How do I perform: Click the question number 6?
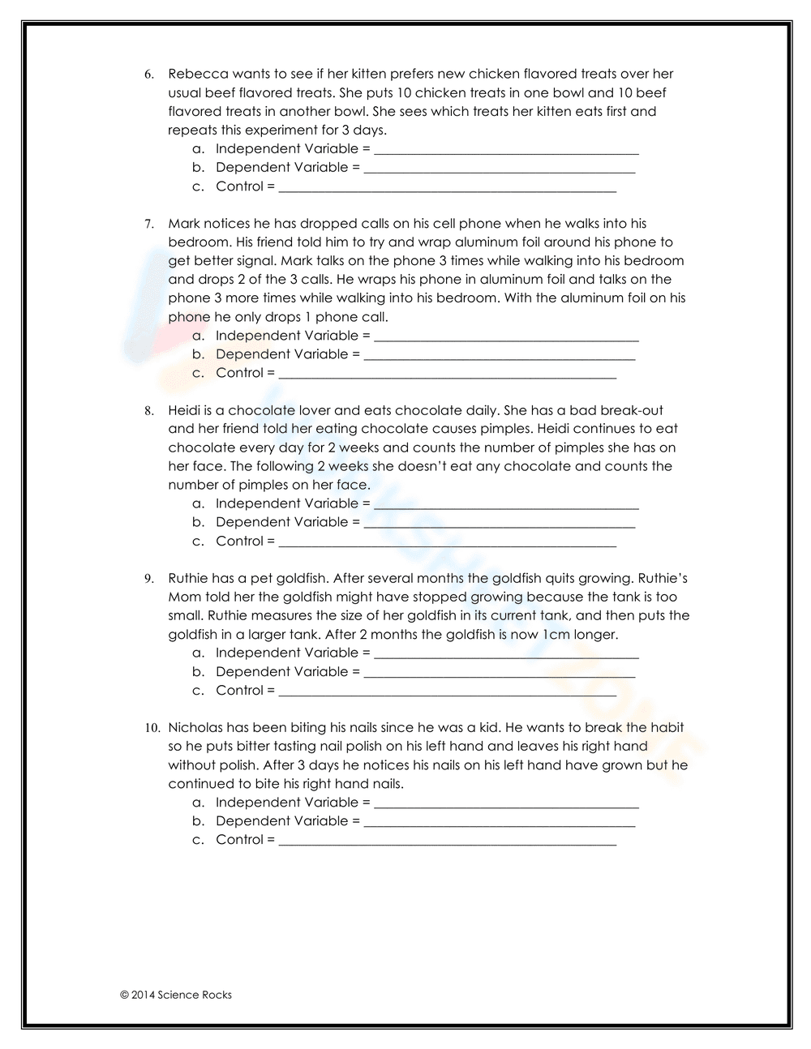(148, 75)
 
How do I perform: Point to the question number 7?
(148, 224)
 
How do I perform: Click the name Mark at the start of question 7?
(184, 223)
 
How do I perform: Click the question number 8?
(148, 411)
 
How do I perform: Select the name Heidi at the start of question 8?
(186, 410)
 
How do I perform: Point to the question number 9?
(148, 579)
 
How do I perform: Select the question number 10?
(152, 728)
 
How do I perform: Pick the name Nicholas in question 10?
(197, 727)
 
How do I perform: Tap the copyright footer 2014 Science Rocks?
(176, 995)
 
